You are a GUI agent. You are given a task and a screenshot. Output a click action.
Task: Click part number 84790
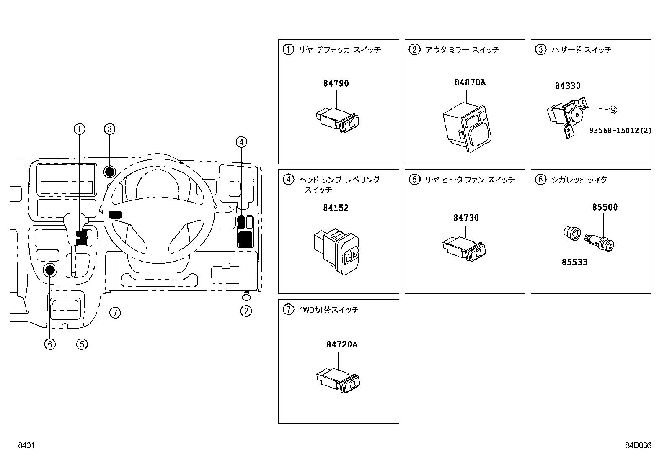tap(336, 83)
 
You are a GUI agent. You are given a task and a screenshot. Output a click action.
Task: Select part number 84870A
tap(470, 82)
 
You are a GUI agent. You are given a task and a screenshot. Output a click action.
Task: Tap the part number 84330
tap(568, 86)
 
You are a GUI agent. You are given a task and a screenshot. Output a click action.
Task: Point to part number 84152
tap(336, 208)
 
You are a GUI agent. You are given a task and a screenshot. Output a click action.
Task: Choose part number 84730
tap(466, 218)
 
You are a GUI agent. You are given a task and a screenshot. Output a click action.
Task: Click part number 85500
tap(605, 207)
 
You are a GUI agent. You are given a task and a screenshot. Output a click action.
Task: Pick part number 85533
tap(574, 262)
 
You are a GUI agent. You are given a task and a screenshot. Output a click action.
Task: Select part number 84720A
tap(342, 344)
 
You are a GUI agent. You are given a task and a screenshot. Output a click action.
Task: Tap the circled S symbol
tap(613, 110)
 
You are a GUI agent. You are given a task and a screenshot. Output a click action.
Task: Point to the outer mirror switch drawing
tap(467, 127)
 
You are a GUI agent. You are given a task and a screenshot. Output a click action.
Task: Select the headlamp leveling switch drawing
tap(336, 252)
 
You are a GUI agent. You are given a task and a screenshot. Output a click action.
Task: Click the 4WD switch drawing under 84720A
tap(338, 380)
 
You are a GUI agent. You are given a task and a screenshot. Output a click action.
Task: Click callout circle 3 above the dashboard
tap(110, 129)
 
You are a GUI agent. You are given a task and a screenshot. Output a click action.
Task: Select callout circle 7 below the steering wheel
tap(115, 313)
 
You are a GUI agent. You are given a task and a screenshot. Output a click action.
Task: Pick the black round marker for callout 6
tap(50, 270)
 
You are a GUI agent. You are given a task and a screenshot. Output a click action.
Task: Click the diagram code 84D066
tap(638, 445)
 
